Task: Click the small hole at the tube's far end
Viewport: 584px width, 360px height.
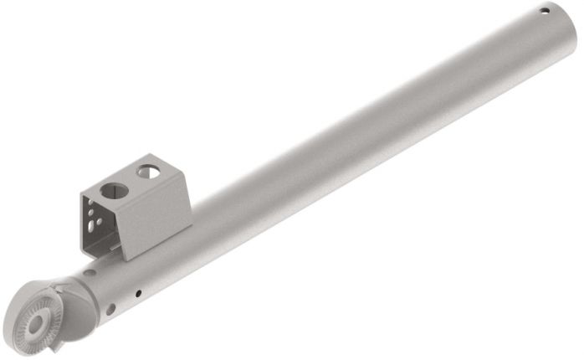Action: point(545,11)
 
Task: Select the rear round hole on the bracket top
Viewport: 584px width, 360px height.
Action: point(148,172)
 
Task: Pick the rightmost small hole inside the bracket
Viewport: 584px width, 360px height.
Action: point(102,223)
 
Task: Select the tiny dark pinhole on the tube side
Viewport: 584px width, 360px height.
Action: point(137,292)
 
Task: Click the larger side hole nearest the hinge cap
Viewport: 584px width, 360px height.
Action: point(110,309)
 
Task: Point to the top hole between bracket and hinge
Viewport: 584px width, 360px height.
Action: point(90,272)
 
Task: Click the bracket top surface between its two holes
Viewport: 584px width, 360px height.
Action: point(131,181)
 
